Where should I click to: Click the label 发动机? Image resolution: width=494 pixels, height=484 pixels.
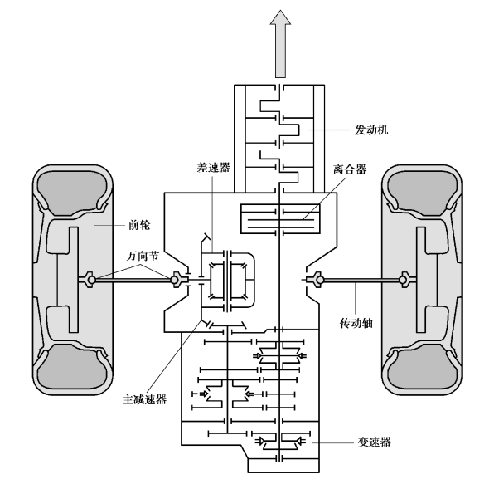tap(371, 130)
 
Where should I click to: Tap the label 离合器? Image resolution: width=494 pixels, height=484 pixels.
tap(350, 169)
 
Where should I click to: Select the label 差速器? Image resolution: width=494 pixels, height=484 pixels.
tap(213, 167)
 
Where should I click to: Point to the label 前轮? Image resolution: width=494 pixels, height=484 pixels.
tap(139, 225)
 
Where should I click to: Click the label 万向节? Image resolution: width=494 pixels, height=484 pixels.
tap(143, 256)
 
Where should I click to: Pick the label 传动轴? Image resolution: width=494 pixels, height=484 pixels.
tap(356, 323)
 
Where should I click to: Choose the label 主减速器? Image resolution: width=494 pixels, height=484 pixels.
tap(144, 400)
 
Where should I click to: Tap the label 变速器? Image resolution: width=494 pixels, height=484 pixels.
tap(375, 442)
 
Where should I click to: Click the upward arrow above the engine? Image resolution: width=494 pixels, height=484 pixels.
tap(280, 44)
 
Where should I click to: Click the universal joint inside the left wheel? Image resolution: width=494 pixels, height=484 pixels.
tap(90, 280)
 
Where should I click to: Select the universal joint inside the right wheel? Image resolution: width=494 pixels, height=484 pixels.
tap(404, 280)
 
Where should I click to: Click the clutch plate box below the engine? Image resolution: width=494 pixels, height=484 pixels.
tap(280, 218)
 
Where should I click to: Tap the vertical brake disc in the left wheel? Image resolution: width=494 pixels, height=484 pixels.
tap(74, 280)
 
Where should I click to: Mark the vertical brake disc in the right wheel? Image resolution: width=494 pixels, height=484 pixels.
tap(421, 280)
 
